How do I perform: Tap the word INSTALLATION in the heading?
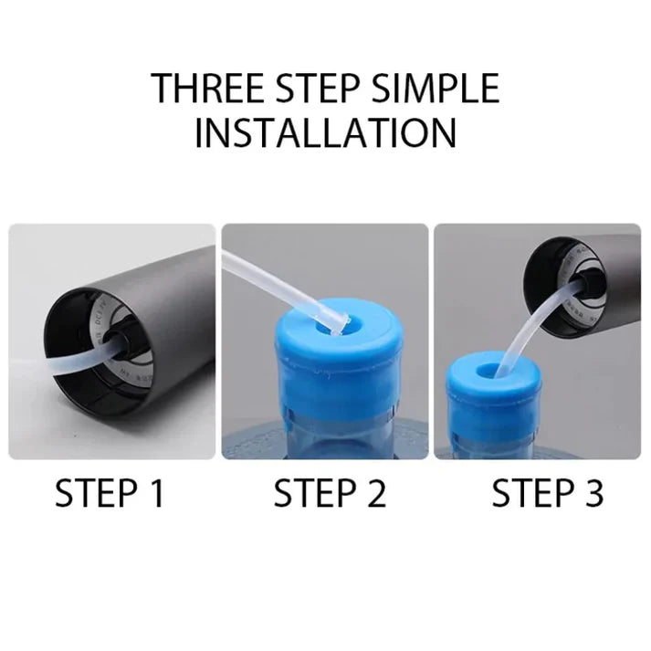pyautogui.click(x=326, y=133)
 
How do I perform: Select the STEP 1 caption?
pyautogui.click(x=110, y=494)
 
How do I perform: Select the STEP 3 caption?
pyautogui.click(x=547, y=494)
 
